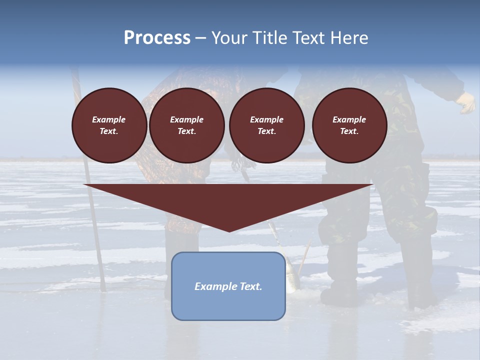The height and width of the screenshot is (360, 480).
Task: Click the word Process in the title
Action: point(157,38)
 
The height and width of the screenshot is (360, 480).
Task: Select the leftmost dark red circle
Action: point(109,125)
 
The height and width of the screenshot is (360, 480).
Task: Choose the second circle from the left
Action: point(187,125)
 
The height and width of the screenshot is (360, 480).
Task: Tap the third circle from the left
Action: point(266,125)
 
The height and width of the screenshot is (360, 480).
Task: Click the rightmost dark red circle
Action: point(349,125)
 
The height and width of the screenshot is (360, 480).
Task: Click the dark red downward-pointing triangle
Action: point(228,200)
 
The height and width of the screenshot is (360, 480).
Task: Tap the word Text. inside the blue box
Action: point(250,286)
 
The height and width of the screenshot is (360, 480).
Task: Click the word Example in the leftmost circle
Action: point(109,119)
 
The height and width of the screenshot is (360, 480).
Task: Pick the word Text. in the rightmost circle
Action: point(349,131)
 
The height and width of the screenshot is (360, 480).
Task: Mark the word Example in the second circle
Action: point(187,119)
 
